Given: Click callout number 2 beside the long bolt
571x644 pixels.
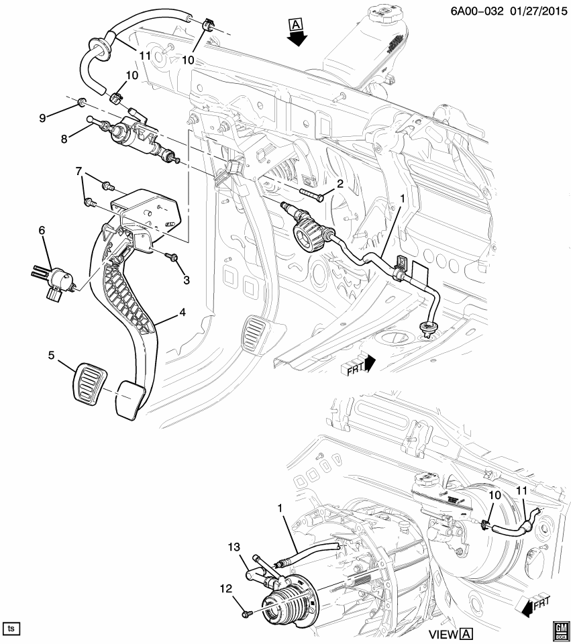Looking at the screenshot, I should (340, 184).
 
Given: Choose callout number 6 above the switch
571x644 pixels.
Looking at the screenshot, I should (42, 230).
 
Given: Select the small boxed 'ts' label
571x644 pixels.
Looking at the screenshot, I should (11, 629).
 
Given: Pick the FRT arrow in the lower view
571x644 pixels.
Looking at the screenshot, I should (533, 606).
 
